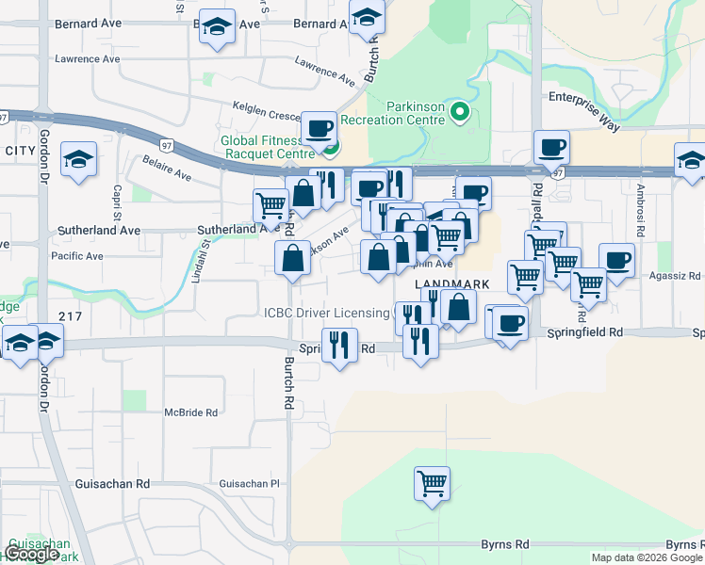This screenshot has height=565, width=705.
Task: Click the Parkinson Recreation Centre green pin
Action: [x=460, y=113]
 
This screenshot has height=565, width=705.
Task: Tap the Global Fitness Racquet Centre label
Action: [x=267, y=147]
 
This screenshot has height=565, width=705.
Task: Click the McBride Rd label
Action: [x=191, y=412]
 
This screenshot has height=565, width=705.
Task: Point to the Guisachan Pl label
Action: [x=250, y=483]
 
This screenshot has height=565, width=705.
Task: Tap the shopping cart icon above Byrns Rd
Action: [x=432, y=484]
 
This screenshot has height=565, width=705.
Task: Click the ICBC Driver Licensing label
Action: [x=326, y=313]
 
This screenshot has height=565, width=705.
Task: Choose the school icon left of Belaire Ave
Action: [x=78, y=159]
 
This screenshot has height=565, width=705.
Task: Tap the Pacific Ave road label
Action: [x=77, y=255]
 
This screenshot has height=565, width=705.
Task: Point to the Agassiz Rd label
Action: [x=675, y=277]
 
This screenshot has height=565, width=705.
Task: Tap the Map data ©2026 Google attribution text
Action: [x=647, y=557]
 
